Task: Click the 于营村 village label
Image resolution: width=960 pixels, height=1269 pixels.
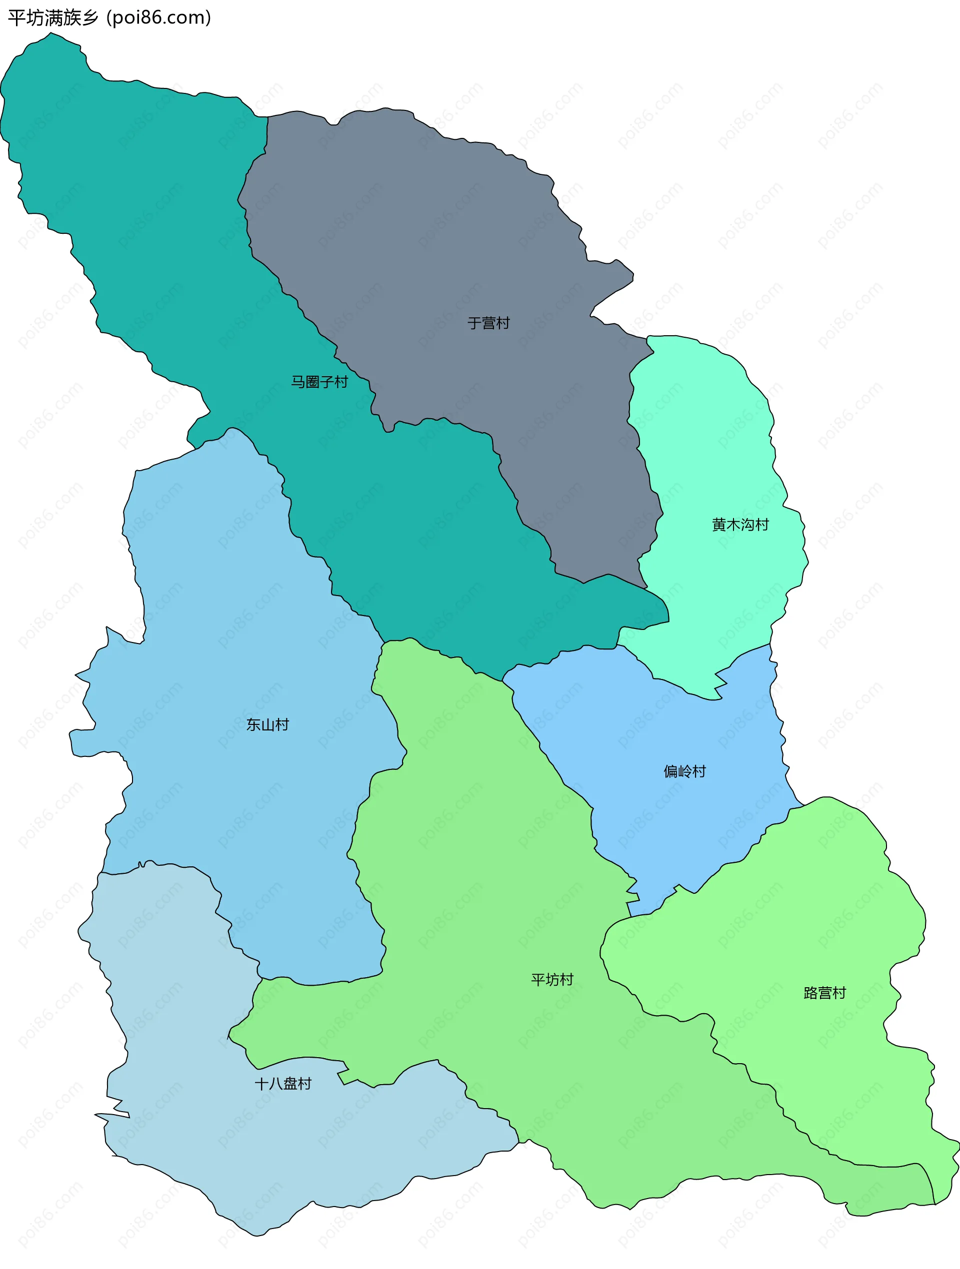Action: coord(488,323)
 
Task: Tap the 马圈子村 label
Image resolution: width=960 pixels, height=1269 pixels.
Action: coord(319,382)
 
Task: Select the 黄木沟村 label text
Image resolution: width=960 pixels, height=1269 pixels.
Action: coord(740,525)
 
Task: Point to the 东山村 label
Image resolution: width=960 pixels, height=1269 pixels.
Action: coord(267,724)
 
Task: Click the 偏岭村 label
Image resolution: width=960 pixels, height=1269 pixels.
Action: coord(684,771)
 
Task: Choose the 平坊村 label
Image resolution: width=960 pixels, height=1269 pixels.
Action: coord(552,979)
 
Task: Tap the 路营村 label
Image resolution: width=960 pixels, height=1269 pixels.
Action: coord(824,993)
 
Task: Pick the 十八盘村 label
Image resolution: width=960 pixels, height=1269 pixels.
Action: coord(283,1083)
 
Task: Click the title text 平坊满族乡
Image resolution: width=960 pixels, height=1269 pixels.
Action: coord(53,18)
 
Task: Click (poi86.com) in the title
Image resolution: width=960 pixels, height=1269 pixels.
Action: coord(159,18)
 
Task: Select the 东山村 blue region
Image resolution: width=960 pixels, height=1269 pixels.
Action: coord(229,631)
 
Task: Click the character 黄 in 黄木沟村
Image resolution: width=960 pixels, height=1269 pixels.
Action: coord(719,525)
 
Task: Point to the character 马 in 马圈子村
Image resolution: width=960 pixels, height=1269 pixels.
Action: coord(298,382)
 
